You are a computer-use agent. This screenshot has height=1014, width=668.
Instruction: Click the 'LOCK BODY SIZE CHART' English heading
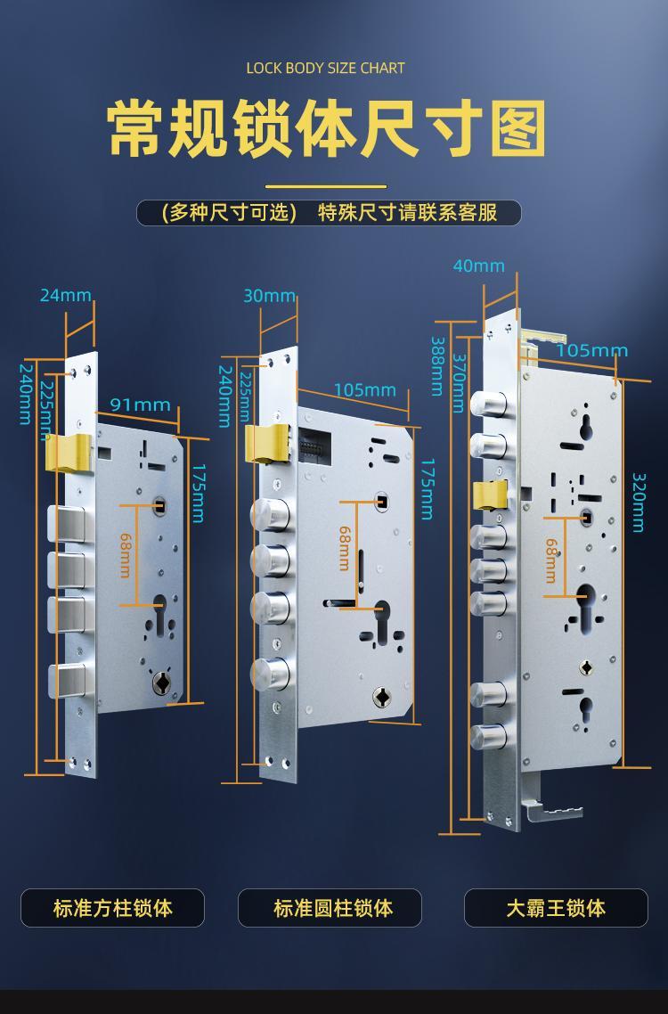(x=325, y=68)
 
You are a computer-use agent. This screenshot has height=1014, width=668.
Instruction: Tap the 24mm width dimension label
(x=66, y=296)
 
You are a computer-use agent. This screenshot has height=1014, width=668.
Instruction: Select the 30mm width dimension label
(x=269, y=296)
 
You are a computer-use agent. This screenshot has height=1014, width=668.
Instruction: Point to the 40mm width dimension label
(x=478, y=266)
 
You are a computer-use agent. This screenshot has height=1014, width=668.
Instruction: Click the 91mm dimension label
(x=141, y=405)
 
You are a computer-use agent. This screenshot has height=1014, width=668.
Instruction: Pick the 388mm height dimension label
(x=438, y=366)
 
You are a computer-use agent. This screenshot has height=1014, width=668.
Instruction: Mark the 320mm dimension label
(x=639, y=503)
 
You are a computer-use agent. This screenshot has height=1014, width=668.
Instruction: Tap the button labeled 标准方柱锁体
(x=112, y=908)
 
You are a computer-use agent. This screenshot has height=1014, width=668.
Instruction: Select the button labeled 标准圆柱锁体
(x=330, y=908)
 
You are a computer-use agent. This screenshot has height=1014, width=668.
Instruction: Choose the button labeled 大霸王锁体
(x=556, y=908)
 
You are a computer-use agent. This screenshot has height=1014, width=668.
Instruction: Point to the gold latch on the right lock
(x=490, y=495)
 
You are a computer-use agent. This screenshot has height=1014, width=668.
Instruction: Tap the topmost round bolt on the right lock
(x=488, y=405)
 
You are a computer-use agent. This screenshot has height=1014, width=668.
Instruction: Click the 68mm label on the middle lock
(x=345, y=548)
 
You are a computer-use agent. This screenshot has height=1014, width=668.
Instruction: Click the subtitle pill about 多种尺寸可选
(x=329, y=213)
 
